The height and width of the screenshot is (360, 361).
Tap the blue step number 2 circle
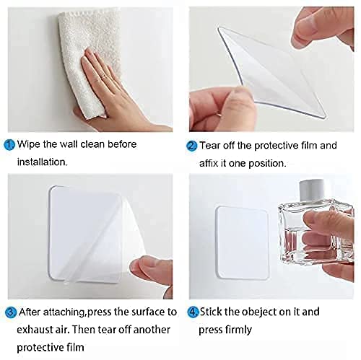(x=192, y=146)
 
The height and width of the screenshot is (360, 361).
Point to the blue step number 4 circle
(x=192, y=312)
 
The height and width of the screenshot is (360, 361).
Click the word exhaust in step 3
(x=38, y=329)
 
